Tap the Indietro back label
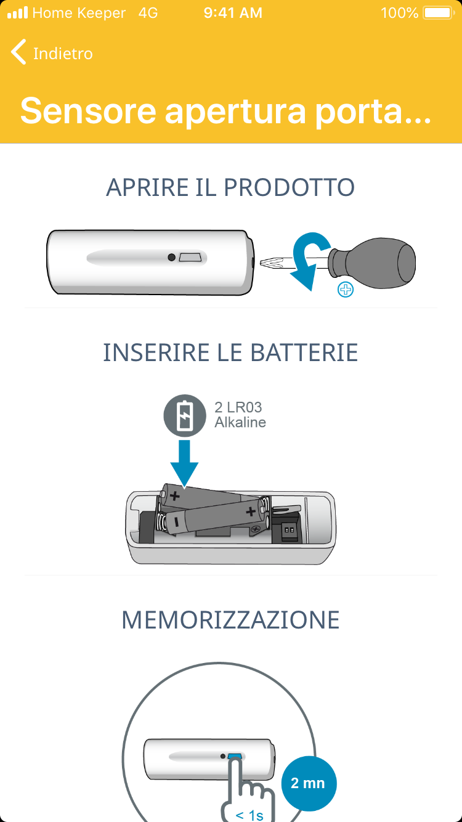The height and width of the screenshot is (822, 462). tap(63, 54)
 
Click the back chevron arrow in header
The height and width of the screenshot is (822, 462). tap(18, 52)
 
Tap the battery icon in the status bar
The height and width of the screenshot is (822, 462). tap(439, 13)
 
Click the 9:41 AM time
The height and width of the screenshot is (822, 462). tap(233, 13)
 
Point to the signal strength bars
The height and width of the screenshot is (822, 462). tap(18, 13)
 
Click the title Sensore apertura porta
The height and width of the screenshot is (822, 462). tap(225, 111)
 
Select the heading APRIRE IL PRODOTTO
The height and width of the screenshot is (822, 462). tap(230, 187)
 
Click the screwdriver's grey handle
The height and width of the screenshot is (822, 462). tap(373, 262)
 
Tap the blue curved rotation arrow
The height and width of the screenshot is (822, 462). tap(309, 259)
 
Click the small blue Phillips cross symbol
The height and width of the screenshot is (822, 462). tap(346, 290)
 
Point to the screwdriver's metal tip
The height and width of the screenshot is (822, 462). tap(272, 262)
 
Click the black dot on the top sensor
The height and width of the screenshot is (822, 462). tap(171, 257)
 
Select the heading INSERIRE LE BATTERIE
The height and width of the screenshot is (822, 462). tap(230, 352)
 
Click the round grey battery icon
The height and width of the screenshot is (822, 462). tap(185, 415)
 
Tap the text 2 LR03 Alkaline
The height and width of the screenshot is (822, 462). tap(240, 415)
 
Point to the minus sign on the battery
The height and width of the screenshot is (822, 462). tap(177, 522)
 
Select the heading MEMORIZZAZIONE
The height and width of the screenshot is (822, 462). tap(230, 620)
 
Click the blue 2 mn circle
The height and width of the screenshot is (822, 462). tap(309, 783)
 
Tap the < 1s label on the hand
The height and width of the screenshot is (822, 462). tap(249, 815)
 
